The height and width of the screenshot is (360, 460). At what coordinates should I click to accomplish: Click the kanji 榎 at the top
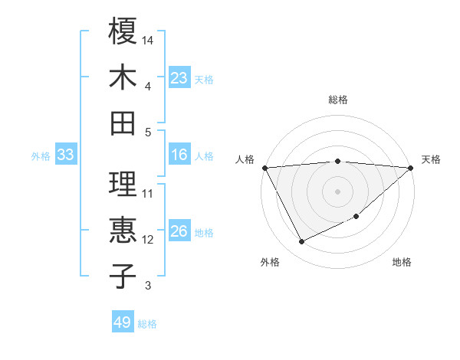click(123, 32)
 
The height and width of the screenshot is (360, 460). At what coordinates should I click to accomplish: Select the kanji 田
click(123, 123)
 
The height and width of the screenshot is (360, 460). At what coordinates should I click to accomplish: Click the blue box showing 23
click(179, 78)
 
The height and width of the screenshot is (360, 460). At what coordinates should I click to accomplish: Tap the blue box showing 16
click(179, 155)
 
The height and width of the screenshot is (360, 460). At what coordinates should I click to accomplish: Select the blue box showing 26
click(179, 232)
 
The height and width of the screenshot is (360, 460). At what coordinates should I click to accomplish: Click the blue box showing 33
click(66, 155)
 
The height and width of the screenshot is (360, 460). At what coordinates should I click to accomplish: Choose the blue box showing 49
click(123, 322)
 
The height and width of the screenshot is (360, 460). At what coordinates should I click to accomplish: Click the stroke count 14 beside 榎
click(149, 39)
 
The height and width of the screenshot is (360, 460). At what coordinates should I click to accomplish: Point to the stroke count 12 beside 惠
click(148, 240)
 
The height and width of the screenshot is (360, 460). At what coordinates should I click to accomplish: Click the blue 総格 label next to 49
click(147, 324)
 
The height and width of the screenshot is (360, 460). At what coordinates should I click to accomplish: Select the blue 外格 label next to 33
click(41, 156)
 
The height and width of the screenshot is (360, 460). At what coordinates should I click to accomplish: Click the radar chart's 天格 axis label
click(431, 159)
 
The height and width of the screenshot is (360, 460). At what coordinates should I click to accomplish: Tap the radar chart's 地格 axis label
click(402, 263)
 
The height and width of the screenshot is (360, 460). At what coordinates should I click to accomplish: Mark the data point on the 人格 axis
click(264, 167)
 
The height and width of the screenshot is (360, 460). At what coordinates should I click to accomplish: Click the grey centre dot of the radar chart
click(337, 191)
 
